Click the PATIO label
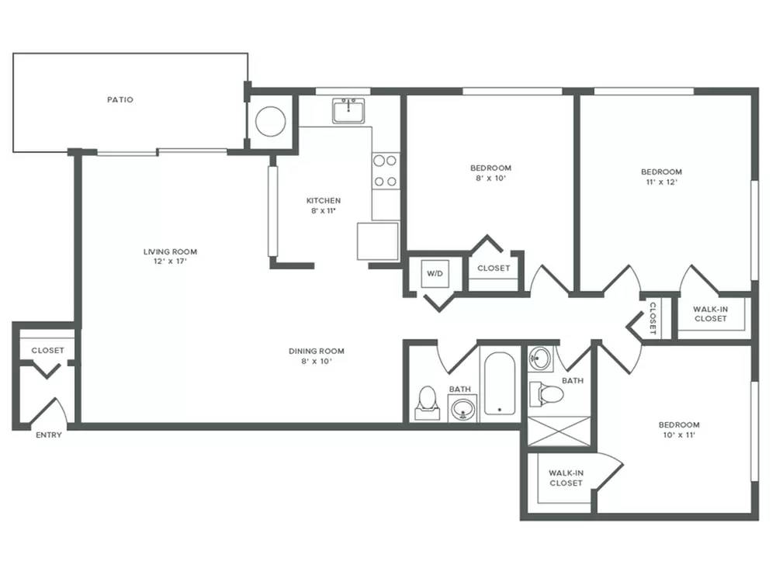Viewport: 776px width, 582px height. (x=120, y=99)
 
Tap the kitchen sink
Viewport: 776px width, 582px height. (x=348, y=110)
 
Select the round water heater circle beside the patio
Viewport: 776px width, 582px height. (x=270, y=121)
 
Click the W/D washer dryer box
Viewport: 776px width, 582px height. (x=435, y=274)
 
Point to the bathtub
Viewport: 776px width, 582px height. (x=499, y=383)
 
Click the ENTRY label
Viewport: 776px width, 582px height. (x=48, y=435)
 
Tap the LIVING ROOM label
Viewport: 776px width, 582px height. (x=170, y=251)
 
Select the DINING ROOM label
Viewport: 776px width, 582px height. (x=317, y=351)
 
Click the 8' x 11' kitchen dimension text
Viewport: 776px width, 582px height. (x=324, y=211)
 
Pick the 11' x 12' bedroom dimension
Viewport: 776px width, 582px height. (x=662, y=182)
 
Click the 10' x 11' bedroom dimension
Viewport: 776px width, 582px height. (x=679, y=435)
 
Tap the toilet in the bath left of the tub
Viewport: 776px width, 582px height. (x=427, y=402)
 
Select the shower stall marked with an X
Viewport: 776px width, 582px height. (x=559, y=432)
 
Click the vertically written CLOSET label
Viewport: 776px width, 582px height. (x=653, y=318)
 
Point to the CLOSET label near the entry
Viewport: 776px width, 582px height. (x=47, y=351)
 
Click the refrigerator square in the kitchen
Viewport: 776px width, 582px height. (x=378, y=241)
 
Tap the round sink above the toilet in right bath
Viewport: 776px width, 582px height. (x=539, y=358)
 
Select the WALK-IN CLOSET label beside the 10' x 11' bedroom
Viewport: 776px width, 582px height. (x=566, y=478)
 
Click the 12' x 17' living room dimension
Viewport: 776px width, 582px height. (x=170, y=262)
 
